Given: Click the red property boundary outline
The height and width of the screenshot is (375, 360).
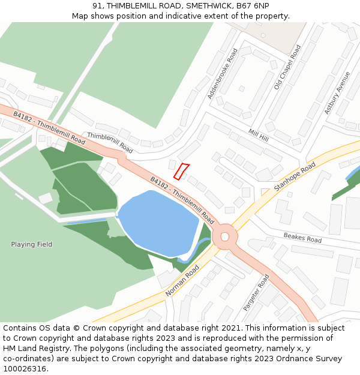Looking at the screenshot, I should pos(181,171).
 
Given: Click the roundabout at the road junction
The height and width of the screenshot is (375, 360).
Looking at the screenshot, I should pos(225,236).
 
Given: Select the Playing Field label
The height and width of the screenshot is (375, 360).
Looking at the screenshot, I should pos(31,244).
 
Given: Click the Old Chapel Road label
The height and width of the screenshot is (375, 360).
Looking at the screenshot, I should pos(287,67).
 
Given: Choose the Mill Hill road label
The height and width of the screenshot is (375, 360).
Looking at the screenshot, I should pos(259,135).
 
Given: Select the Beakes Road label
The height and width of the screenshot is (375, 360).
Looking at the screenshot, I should pos(302,238).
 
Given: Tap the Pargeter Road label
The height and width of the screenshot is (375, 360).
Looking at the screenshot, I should pos(256,292).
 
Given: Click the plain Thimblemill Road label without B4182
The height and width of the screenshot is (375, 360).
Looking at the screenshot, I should pos(110,143).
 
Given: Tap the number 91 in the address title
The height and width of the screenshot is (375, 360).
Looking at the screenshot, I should pos(98,5).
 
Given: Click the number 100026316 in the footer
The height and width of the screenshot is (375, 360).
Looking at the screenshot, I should pos(23,369).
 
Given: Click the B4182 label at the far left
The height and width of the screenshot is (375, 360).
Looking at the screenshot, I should pos(23,117).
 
